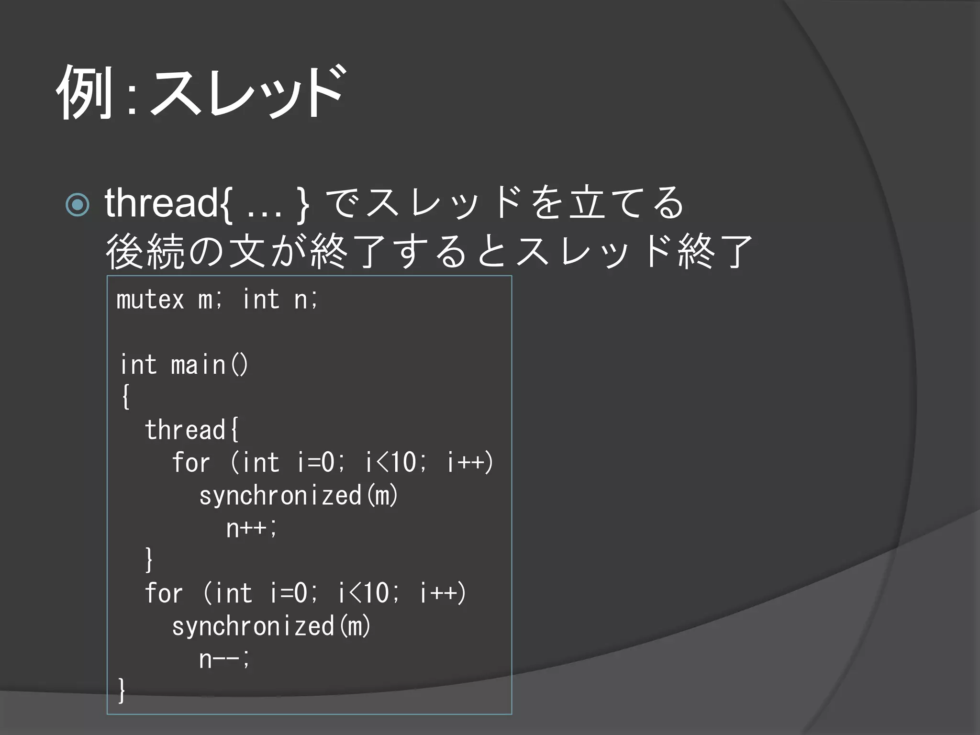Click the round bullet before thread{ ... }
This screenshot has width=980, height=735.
pos(78,205)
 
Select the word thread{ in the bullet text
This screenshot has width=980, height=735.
pos(168,203)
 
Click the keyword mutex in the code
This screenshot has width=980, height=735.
pos(150,300)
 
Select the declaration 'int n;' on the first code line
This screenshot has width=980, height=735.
pos(280,300)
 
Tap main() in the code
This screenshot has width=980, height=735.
pos(210,365)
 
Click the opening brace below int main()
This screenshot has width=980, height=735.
pos(125,397)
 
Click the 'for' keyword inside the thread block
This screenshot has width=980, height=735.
pos(190,463)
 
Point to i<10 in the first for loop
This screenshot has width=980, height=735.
pos(390,463)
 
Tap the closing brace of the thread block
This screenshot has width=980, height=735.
pos(149,559)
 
